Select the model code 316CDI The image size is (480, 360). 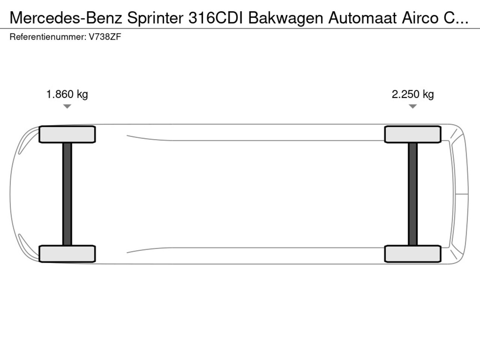pyautogui.click(x=216, y=18)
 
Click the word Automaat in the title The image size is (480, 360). pyautogui.click(x=362, y=18)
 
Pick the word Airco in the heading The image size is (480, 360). pyautogui.click(x=420, y=18)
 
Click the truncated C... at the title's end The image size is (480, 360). pyautogui.click(x=456, y=18)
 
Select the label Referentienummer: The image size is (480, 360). pyautogui.click(x=48, y=37)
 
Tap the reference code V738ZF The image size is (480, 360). pyautogui.click(x=105, y=37)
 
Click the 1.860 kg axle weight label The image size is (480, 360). pyautogui.click(x=67, y=94)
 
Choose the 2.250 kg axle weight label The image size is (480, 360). pyautogui.click(x=412, y=94)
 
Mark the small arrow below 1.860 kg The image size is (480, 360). pyautogui.click(x=67, y=106)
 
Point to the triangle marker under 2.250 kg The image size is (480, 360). pyautogui.click(x=412, y=106)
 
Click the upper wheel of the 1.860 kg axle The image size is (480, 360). pyautogui.click(x=67, y=134)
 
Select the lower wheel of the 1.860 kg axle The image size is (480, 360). pyautogui.click(x=67, y=254)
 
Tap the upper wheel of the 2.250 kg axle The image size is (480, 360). pyautogui.click(x=412, y=134)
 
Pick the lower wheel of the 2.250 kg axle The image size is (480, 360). pyautogui.click(x=412, y=254)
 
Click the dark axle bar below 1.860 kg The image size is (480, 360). pyautogui.click(x=67, y=194)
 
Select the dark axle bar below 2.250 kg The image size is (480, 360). pyautogui.click(x=412, y=194)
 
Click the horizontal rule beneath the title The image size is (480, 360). pyautogui.click(x=240, y=28)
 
